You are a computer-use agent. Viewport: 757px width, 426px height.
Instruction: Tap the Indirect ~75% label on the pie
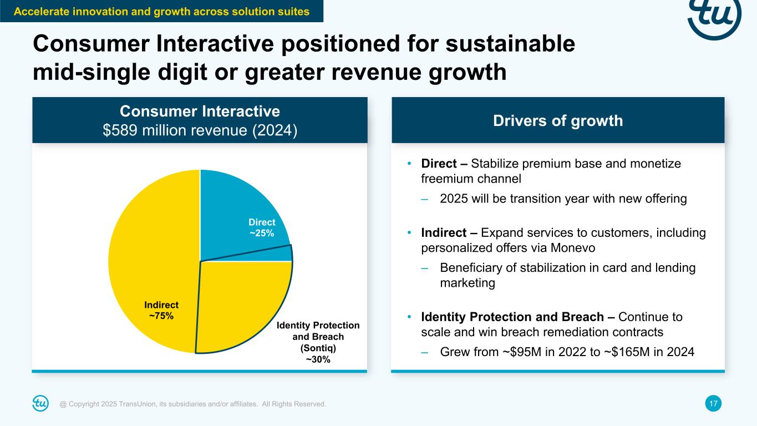tap(161, 311)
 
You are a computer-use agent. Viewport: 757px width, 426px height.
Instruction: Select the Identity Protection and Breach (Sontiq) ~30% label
tap(318, 342)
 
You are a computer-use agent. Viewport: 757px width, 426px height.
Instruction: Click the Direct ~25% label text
tap(262, 227)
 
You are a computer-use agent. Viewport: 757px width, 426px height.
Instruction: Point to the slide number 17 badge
tap(714, 404)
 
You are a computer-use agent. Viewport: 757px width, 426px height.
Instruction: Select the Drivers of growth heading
tap(558, 120)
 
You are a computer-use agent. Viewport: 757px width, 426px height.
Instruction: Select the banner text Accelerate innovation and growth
tap(161, 11)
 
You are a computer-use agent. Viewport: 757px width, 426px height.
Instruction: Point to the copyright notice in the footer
tap(193, 404)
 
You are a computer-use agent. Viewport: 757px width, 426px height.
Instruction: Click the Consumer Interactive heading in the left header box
tap(200, 111)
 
